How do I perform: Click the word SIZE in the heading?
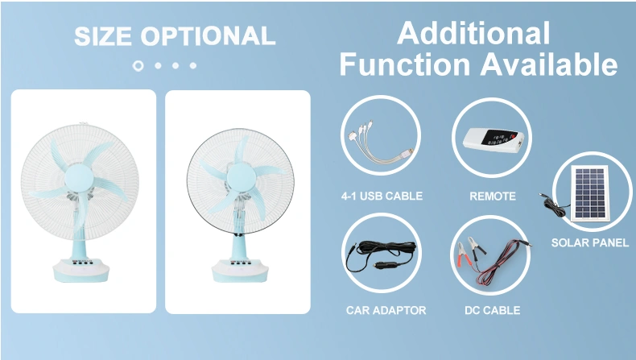(103, 36)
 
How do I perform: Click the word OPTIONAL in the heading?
(208, 36)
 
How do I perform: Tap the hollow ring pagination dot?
(138, 66)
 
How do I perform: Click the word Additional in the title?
(473, 33)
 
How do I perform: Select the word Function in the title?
(405, 64)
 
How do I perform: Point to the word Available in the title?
(549, 64)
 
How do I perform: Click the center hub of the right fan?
(242, 177)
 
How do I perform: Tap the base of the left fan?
(81, 270)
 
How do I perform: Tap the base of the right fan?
(240, 270)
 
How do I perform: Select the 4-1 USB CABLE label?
(382, 196)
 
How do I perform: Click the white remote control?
(494, 140)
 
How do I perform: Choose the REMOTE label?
(493, 197)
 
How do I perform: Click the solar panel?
(590, 192)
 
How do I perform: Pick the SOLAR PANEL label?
(590, 242)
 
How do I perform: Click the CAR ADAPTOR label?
(386, 311)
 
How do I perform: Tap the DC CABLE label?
(493, 311)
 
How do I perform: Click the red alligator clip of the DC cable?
(462, 255)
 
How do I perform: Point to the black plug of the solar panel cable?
(543, 197)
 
